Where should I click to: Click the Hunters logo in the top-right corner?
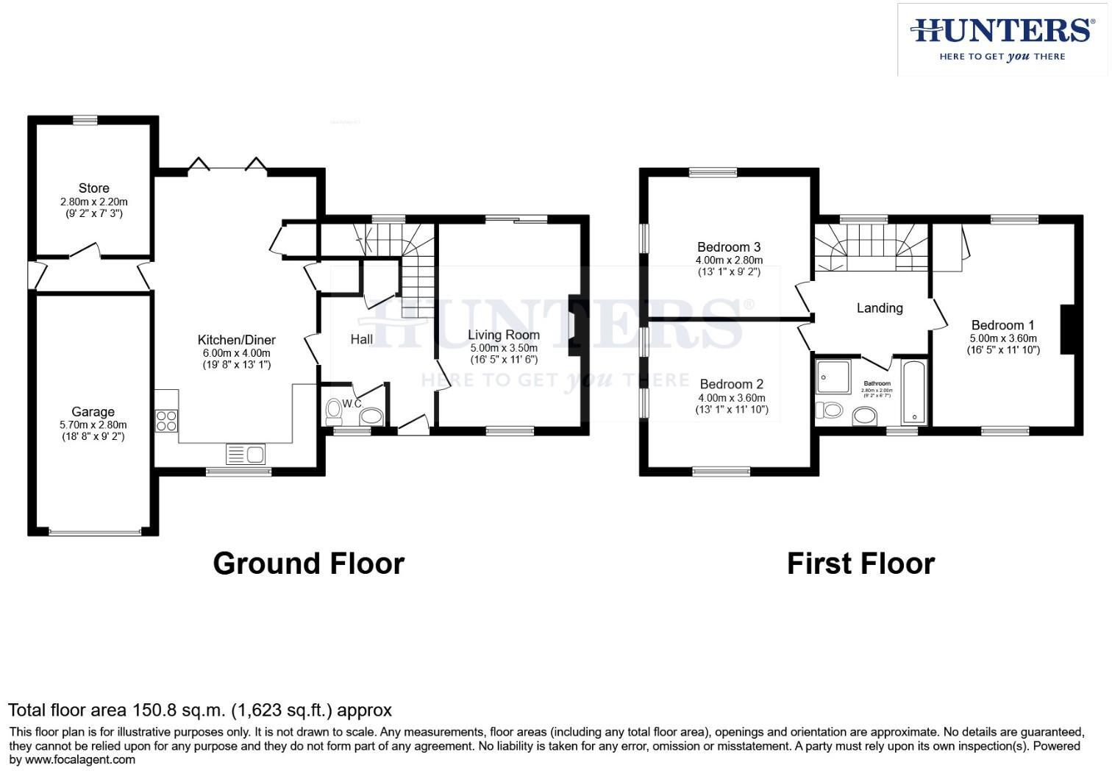point(1002,40)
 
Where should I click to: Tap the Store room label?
point(94,188)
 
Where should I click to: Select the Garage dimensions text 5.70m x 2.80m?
point(93,424)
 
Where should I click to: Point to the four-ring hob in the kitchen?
point(166,420)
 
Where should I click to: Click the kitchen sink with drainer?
point(246,455)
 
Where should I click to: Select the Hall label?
point(361,339)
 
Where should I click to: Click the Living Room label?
point(504,335)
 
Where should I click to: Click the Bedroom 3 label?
point(729,247)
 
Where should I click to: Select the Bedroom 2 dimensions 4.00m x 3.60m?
point(732,397)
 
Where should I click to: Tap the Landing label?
point(880,308)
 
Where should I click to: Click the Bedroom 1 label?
point(1002,325)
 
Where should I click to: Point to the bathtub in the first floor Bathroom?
point(914,392)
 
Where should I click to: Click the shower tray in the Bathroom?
point(833,376)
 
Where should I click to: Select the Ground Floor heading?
point(308,564)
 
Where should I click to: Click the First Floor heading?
point(860,564)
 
